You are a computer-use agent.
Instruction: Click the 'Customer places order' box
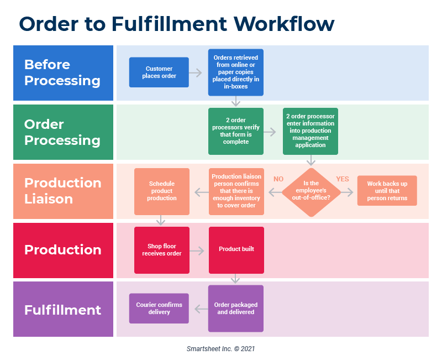[x=159, y=72]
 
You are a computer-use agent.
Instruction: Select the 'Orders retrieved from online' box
[x=236, y=72]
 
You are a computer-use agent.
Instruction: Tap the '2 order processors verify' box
[x=236, y=131]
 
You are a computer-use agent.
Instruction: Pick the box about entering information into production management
[x=311, y=131]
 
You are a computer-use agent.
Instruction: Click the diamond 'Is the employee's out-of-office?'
[x=311, y=191]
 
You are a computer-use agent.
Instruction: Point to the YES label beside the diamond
[x=343, y=179]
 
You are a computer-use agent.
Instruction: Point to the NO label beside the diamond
[x=278, y=179]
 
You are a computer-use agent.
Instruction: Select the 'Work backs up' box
[x=387, y=191]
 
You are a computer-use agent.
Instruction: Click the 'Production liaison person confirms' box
[x=236, y=191]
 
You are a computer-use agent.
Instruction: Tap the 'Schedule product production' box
[x=162, y=191]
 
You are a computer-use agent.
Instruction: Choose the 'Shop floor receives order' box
[x=162, y=250]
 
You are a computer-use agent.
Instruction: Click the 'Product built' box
[x=236, y=250]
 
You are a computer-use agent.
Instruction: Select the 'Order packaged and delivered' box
[x=236, y=309]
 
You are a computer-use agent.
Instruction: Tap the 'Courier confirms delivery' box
[x=159, y=309]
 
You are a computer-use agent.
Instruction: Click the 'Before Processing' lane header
[x=63, y=72]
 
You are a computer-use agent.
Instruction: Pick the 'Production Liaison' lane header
[x=63, y=191]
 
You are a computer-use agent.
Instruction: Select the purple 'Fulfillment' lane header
[x=63, y=309]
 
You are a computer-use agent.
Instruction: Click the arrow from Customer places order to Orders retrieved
[x=196, y=72]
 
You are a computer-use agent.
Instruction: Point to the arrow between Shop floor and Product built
[x=197, y=251]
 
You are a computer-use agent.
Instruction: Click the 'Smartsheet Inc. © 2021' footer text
[x=220, y=349]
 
